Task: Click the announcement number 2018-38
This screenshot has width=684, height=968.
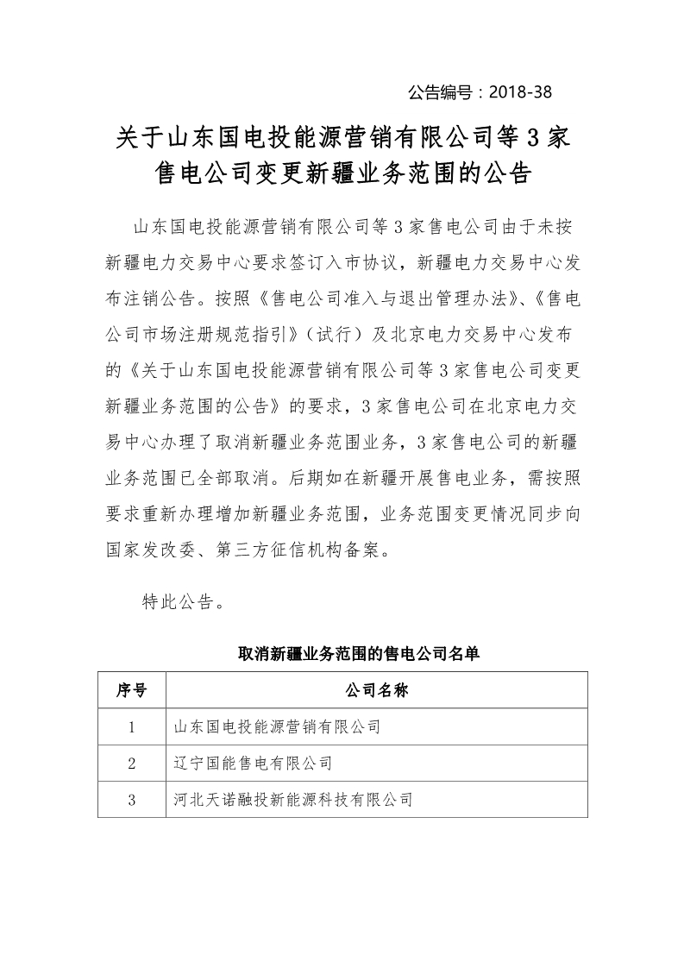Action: [520, 91]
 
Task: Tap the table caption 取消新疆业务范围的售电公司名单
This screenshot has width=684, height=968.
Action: [358, 653]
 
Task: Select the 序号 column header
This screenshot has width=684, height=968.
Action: [131, 690]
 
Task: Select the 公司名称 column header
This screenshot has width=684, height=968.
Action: [376, 690]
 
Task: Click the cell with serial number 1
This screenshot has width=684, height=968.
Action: [131, 727]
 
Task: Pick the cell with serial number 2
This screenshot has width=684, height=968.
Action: [131, 764]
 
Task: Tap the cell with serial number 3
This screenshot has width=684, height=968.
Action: [131, 800]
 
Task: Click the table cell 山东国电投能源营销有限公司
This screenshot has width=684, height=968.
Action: [276, 727]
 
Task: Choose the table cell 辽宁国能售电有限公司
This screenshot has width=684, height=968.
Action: [253, 764]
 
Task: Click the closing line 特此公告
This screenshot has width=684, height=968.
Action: [184, 602]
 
